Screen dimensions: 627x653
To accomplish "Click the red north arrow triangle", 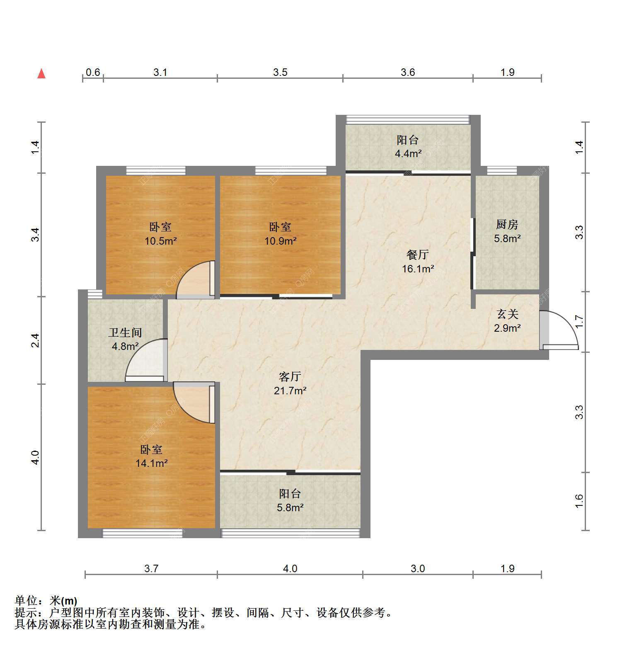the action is pos(41,74).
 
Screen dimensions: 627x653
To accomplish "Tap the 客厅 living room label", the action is pos(290,377).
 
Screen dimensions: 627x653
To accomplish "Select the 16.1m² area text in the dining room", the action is pos(418,269).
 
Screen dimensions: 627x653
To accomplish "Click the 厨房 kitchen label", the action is pos(507,224).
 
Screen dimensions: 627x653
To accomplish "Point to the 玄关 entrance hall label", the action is pos(508,314).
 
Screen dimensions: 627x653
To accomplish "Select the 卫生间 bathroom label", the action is pos(125,333).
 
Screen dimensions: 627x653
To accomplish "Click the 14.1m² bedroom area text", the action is pos(151,463).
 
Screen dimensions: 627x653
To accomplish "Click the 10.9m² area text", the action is pos(280,240).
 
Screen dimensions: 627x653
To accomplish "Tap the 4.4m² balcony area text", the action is pos(408,154).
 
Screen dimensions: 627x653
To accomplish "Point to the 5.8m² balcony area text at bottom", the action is pos(290,507).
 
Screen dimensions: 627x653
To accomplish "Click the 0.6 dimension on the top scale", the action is pos(93,72).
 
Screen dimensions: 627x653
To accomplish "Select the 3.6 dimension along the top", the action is pos(408,72).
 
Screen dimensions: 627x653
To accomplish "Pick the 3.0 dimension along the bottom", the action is pos(418,568).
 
